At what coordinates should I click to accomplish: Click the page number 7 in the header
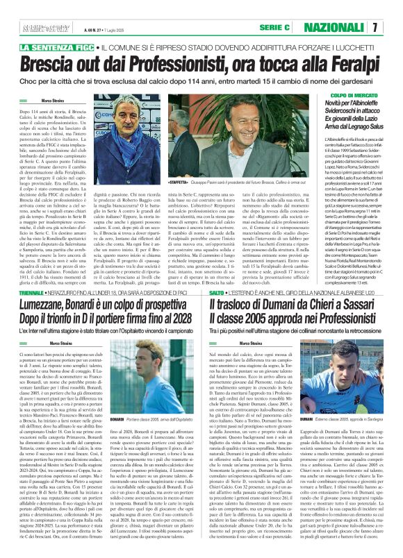point(393,26)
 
